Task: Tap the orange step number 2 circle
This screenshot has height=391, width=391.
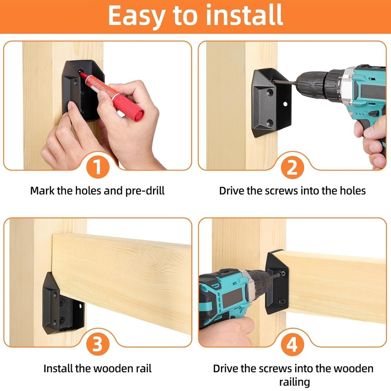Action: tap(292, 169)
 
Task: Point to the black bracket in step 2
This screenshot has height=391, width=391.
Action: tap(271, 102)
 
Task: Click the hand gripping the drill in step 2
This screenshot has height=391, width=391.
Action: tap(374, 141)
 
